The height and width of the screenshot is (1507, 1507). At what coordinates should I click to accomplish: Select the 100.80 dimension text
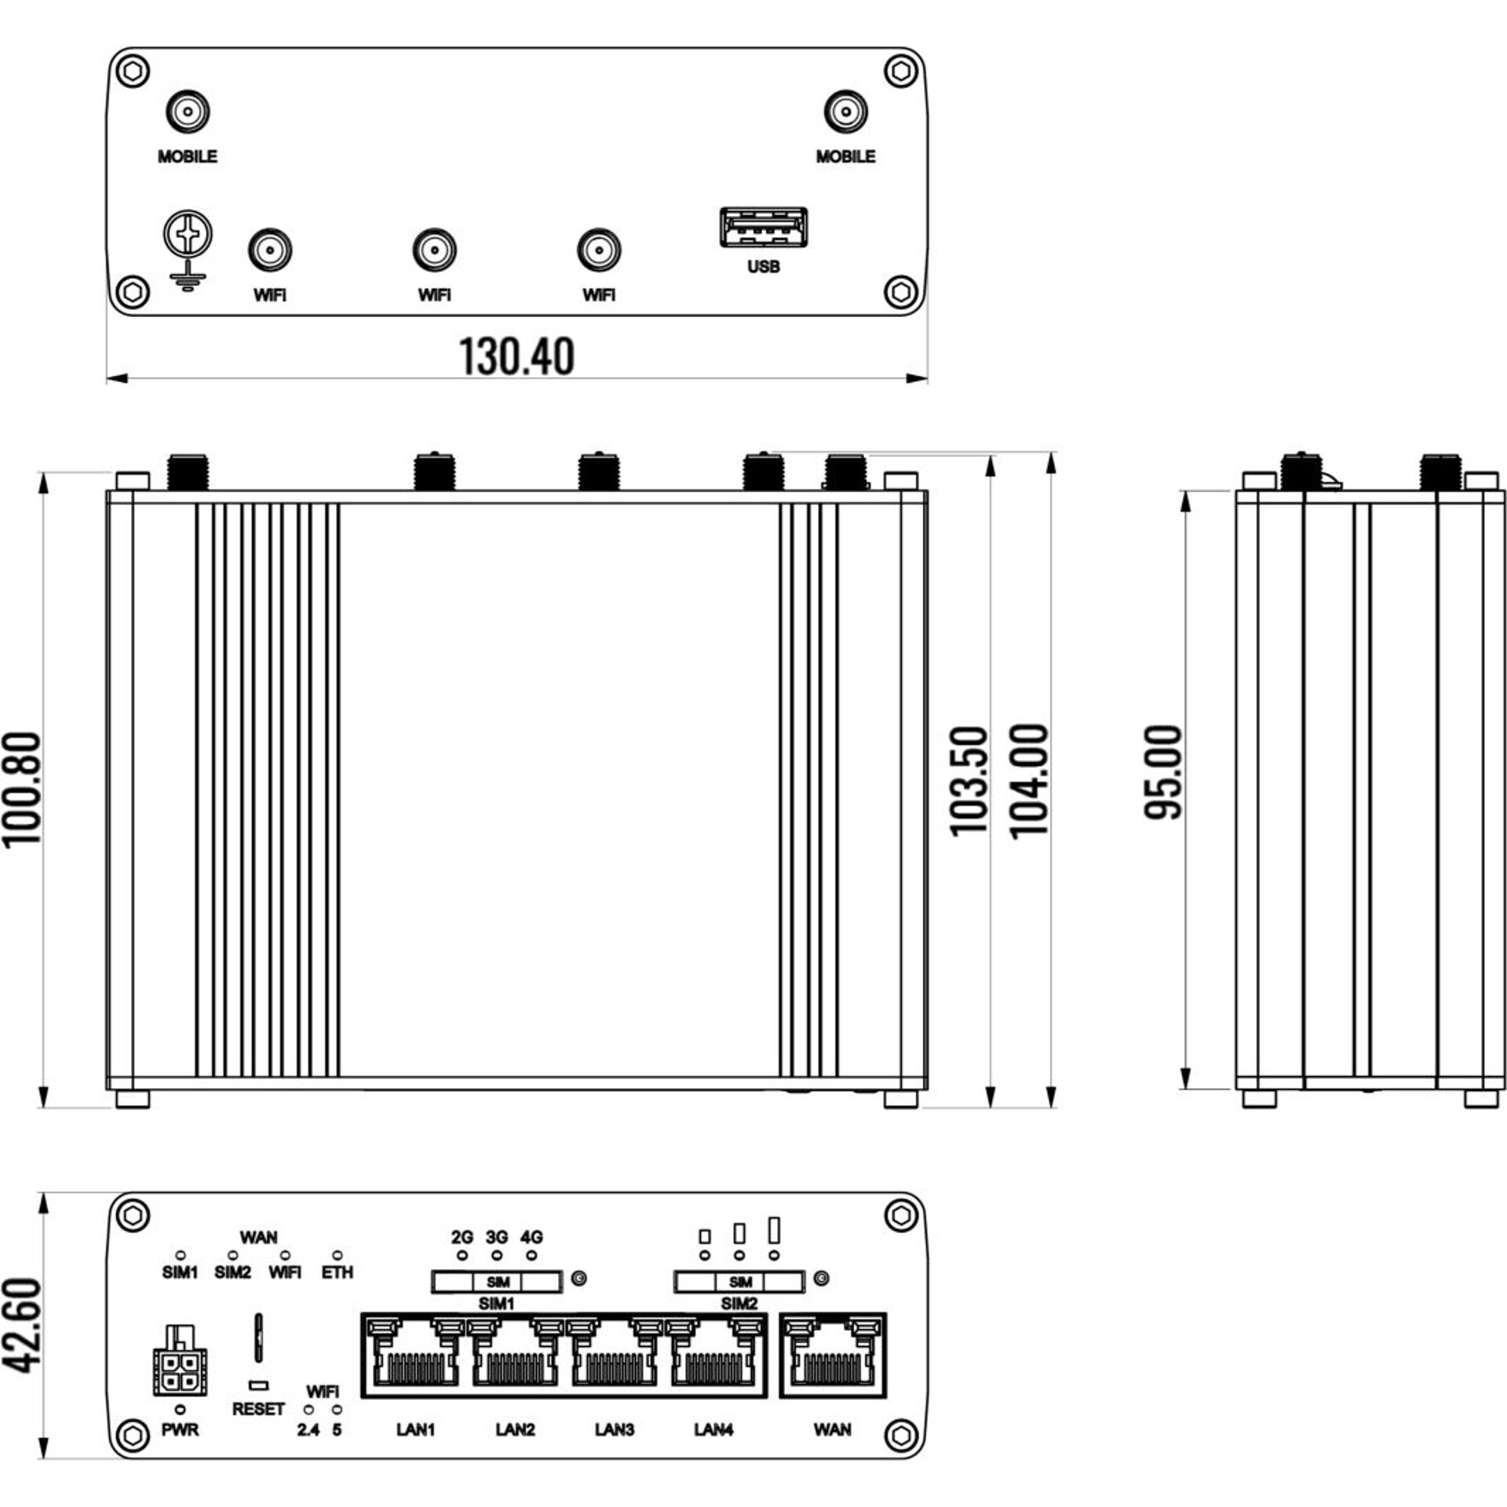click(x=22, y=790)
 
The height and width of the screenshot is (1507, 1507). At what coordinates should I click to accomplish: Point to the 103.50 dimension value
click(x=969, y=781)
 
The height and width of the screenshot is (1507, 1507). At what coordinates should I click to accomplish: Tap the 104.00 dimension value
click(x=1029, y=781)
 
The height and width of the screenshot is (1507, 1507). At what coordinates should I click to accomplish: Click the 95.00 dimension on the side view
click(x=1163, y=773)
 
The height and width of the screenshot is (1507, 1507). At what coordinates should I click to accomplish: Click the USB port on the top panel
click(x=763, y=227)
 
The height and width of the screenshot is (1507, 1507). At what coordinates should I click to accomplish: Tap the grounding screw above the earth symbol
click(x=188, y=233)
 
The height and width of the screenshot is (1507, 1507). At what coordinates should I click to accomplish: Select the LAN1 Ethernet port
click(x=416, y=1356)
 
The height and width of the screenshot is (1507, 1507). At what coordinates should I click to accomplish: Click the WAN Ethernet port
click(x=833, y=1356)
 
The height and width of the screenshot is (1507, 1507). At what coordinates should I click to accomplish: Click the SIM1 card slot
click(x=497, y=1283)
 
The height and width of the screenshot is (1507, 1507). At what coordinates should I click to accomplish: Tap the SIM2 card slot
click(x=739, y=1283)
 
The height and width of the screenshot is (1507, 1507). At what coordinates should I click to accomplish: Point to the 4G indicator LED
click(x=532, y=1256)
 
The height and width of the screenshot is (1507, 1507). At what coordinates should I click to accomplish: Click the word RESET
click(x=257, y=1409)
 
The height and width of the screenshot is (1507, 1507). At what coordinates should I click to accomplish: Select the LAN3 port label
click(x=614, y=1429)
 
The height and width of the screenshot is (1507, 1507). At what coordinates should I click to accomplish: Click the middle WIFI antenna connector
click(x=434, y=251)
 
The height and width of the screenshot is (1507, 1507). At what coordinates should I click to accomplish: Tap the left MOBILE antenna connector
click(x=188, y=112)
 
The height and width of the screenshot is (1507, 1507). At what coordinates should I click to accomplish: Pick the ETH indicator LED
click(x=338, y=1256)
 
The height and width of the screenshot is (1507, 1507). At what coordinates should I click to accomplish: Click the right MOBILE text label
click(x=845, y=157)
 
